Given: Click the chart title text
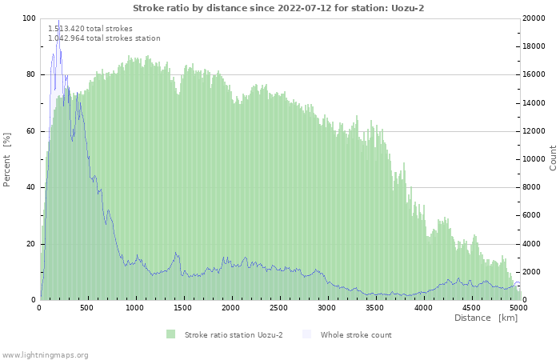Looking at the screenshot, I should pos(278,7).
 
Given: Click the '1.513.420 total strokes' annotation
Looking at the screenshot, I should pos(90,29).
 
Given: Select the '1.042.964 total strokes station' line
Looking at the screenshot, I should pos(104,38).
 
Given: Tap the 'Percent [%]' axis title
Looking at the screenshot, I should pos(7,159).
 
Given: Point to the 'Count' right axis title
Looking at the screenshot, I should pos(553,158).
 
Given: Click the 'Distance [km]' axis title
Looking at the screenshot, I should pos(486,318).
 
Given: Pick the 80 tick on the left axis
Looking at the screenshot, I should pos(30,74).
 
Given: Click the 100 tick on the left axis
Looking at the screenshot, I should pos(28,18).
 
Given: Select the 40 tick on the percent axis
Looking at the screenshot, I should pos(30,187).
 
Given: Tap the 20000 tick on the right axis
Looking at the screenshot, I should pos(535,18).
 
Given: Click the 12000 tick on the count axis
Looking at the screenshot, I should pos(535,131).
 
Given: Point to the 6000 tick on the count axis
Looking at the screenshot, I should pos(533,215).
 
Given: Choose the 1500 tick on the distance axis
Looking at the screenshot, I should pos(183,307).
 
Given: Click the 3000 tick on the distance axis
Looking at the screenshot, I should pos(326,307).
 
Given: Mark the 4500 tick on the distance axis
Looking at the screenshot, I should pos(470,307).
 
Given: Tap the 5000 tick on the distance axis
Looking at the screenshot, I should pos(518,307).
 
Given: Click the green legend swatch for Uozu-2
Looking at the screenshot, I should pos(170,334).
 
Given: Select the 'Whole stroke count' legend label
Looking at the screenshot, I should pos(356,334).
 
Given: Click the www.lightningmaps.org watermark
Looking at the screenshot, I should pos(45,354).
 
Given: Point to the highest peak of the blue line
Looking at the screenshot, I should pos(58,22).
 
